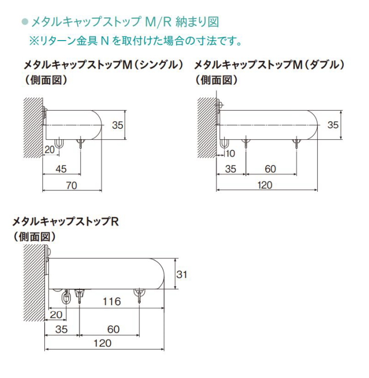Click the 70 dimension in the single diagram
click(72, 185)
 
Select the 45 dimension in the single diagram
click(61, 169)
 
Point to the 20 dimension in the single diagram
click(50, 150)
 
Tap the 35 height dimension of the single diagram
click(117, 125)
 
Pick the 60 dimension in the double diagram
click(270, 169)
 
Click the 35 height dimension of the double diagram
click(333, 125)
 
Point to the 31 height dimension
click(182, 274)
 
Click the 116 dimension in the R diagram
click(111, 302)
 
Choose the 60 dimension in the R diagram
click(113, 329)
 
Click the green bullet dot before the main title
click(24, 22)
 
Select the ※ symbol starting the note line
click(33, 40)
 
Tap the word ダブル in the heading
click(326, 65)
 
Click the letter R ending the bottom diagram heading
click(115, 221)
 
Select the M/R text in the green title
click(158, 22)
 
